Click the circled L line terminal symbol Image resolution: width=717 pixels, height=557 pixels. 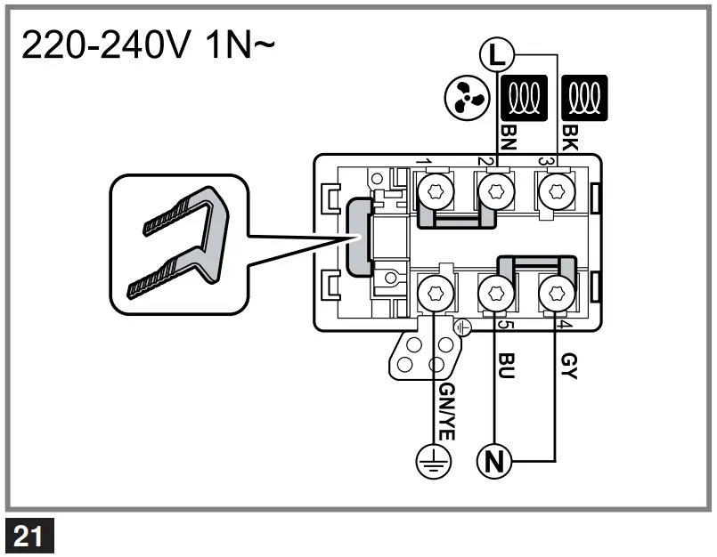tap(496, 55)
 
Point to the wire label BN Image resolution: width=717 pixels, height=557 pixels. tap(508, 136)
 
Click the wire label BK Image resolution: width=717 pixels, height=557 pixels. tap(571, 136)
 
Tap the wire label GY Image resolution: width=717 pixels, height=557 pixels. tap(570, 365)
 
